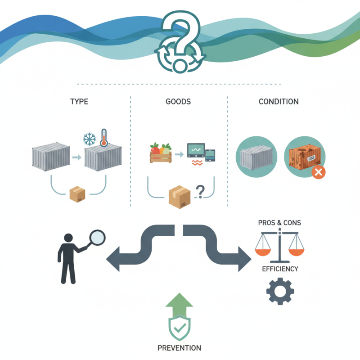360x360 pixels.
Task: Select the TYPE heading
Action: [x=79, y=102]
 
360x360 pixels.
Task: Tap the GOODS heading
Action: [x=178, y=102]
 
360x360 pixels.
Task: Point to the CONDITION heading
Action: [x=279, y=102]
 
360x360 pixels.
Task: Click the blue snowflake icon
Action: [x=90, y=139]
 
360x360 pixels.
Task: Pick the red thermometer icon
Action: [x=104, y=137]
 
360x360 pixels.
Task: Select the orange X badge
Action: [x=319, y=172]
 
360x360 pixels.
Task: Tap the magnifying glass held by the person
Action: [x=97, y=238]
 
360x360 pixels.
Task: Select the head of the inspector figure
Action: [x=69, y=238]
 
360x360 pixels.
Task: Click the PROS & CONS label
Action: [x=279, y=223]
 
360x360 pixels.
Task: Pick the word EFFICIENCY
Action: [x=280, y=269]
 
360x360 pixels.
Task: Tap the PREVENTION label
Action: [x=180, y=348]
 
